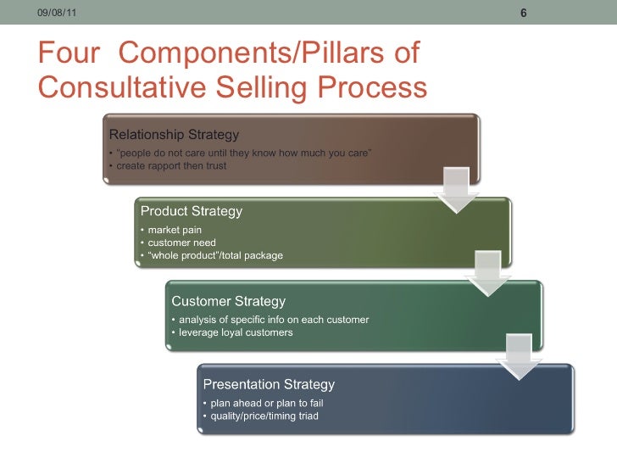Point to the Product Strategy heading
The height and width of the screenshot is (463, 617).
[x=192, y=211]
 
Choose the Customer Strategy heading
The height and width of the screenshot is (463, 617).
[x=229, y=301]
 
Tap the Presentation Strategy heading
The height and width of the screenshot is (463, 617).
[x=269, y=384]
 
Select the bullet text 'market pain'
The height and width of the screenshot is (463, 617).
[x=175, y=230]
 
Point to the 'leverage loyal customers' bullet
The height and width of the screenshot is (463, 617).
[x=236, y=332]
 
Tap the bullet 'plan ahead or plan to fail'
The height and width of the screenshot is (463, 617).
[x=267, y=403]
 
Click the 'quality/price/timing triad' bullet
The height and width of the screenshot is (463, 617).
[x=264, y=416]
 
